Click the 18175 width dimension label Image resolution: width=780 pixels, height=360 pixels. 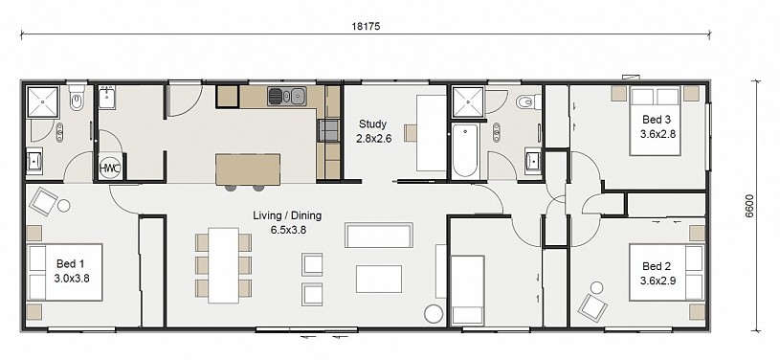367,27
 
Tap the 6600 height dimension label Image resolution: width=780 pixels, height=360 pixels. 749,206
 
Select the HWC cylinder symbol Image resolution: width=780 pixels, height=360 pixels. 109,169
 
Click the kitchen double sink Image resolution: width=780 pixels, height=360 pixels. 287,96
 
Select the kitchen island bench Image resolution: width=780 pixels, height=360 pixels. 248,169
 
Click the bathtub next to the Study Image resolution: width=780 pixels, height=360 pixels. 465,150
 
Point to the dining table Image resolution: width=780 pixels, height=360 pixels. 223,265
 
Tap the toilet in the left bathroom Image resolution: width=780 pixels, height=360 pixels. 77,99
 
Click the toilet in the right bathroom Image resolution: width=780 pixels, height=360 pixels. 527,102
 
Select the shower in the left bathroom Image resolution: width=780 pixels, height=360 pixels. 43,101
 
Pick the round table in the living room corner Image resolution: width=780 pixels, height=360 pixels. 434,314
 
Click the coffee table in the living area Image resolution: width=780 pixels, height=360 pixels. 379,279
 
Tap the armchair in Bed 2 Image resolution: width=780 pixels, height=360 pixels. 593,307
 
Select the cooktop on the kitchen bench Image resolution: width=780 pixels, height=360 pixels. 328,130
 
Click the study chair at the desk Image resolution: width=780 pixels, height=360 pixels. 411,133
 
